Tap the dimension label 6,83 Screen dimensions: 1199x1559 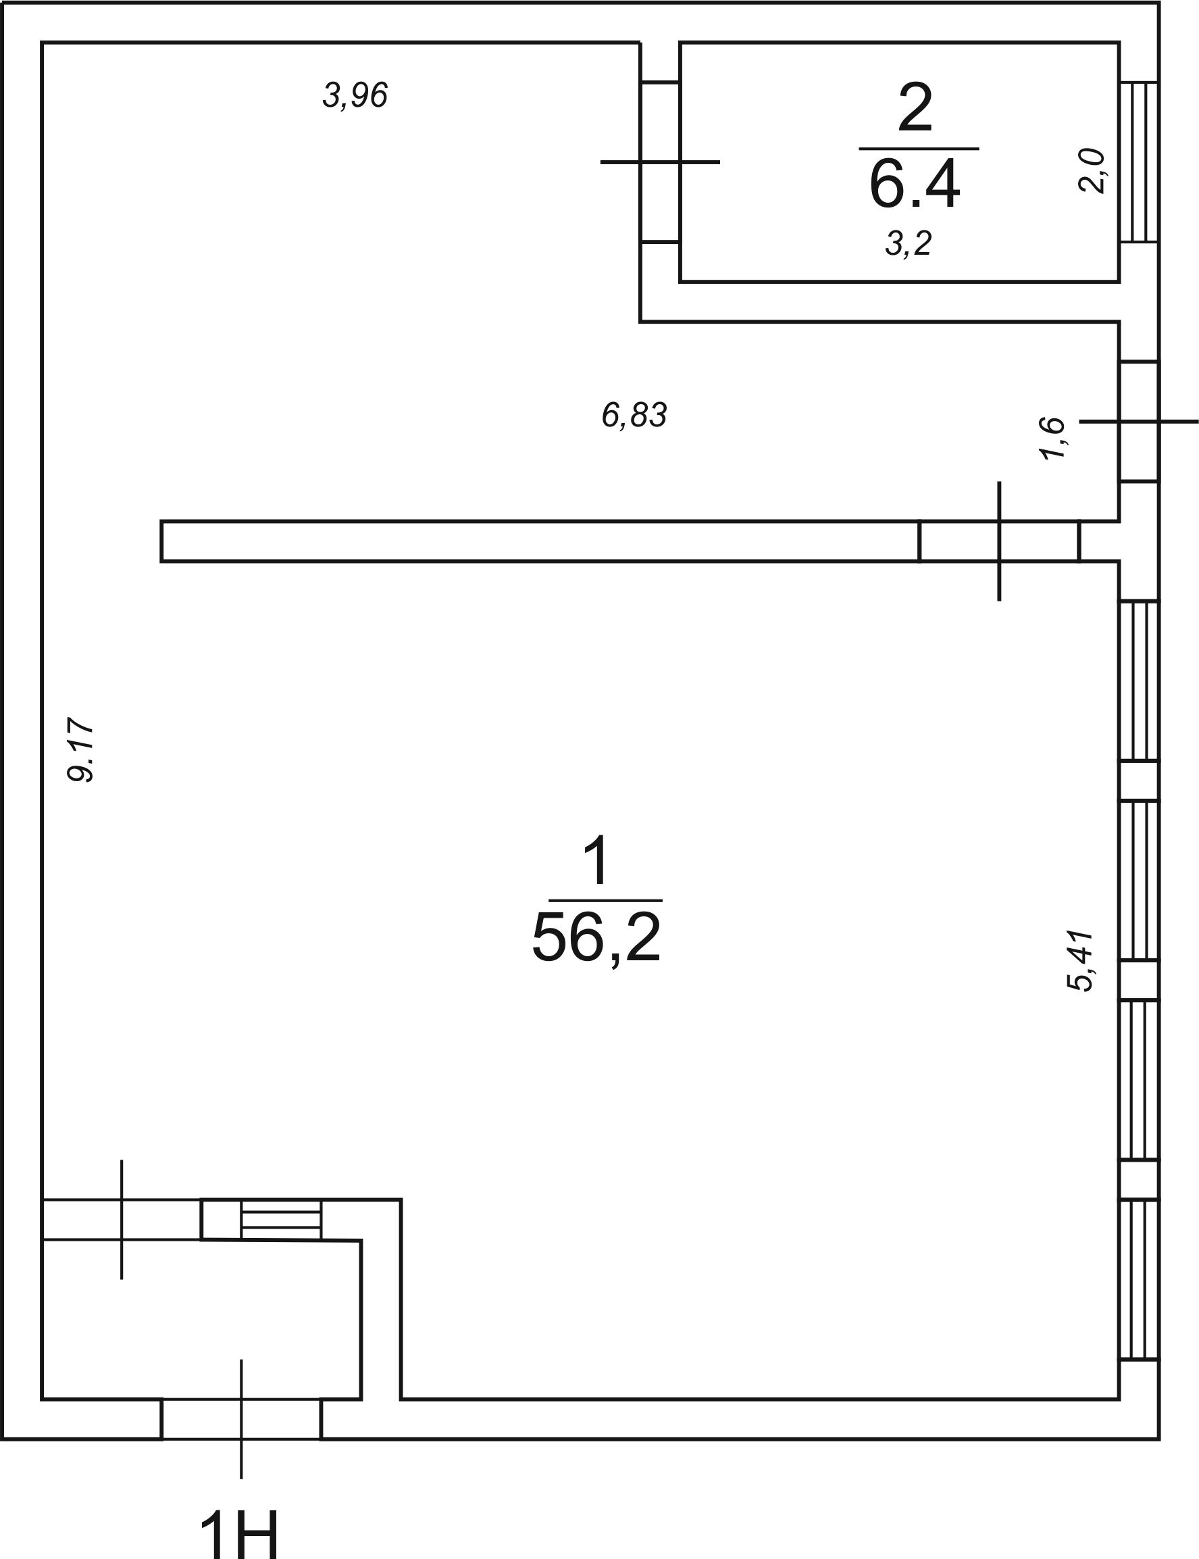[x=634, y=416]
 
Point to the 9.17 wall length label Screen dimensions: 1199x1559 [x=80, y=750]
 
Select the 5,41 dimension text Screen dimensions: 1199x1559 [x=1079, y=961]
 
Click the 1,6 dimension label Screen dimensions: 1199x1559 [x=1052, y=439]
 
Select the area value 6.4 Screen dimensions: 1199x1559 [x=915, y=184]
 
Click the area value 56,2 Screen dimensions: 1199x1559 [x=596, y=939]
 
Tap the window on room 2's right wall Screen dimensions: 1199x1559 [x=1139, y=162]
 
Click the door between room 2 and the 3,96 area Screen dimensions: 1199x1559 [x=660, y=162]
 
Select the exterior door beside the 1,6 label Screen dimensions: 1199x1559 [x=1139, y=421]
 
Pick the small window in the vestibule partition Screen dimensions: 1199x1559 [x=281, y=1220]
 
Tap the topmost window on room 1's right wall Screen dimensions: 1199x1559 [x=1139, y=681]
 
